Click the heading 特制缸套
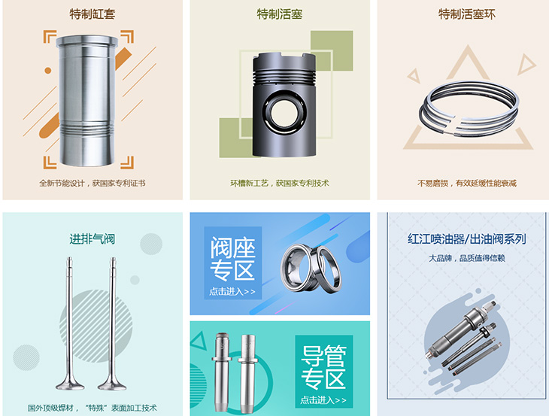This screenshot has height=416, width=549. (92, 14)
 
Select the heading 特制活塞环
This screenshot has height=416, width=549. (467, 14)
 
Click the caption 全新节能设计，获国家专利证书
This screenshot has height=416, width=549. (92, 183)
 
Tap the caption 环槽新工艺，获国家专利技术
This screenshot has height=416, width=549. (279, 183)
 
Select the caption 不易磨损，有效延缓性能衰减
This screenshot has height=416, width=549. (467, 183)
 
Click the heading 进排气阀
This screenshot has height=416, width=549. (92, 239)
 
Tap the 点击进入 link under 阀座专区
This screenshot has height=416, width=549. (232, 292)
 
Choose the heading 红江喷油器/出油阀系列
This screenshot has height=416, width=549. (466, 239)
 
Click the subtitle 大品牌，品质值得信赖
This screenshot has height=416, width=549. (466, 258)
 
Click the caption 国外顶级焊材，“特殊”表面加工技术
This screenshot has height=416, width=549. (92, 407)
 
